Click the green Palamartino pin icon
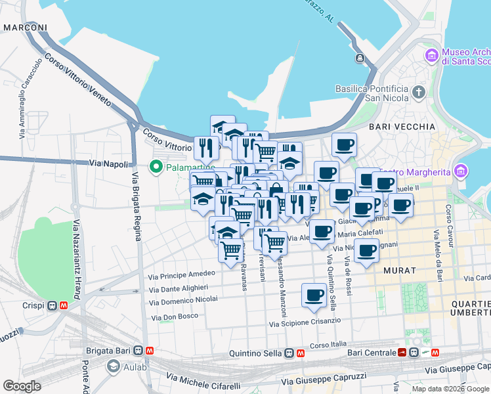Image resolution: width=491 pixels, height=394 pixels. click(156, 167)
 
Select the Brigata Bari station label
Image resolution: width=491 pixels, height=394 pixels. click(103, 351)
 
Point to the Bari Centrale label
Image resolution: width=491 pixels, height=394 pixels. click(365, 353)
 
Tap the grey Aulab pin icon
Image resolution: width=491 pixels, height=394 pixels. click(113, 365)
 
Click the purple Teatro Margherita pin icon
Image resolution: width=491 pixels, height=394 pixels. click(461, 171)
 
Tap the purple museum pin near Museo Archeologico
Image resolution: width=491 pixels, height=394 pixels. click(431, 55)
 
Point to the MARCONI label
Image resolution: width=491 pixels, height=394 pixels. click(25, 28)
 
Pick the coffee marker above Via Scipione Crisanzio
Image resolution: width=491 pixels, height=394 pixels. click(314, 295)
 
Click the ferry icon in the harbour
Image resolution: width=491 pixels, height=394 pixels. click(360, 58)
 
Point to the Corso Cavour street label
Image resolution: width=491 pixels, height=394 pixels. click(450, 225)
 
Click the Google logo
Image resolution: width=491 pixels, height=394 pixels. click(22, 386)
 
